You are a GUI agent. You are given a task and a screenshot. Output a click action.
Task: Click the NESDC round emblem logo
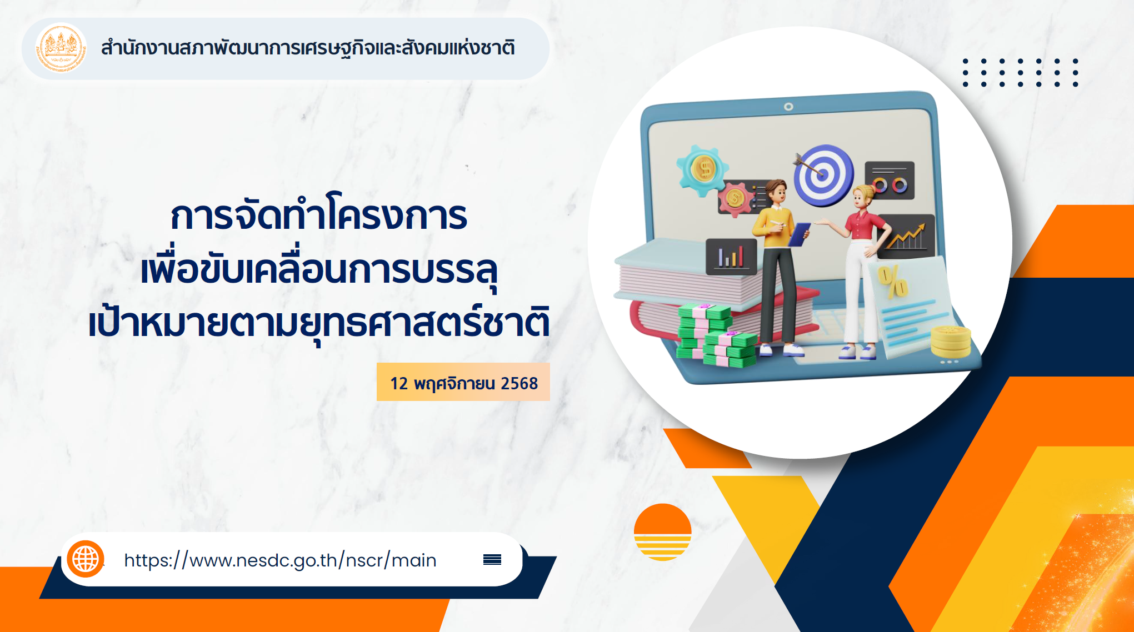61,49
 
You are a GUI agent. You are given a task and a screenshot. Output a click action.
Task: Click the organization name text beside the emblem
308,48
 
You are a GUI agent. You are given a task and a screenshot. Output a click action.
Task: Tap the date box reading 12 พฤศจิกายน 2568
463,382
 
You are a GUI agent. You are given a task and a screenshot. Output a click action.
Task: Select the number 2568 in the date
519,383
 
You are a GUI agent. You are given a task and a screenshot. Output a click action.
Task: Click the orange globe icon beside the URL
86,559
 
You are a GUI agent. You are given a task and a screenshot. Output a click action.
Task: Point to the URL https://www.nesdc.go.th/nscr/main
280,560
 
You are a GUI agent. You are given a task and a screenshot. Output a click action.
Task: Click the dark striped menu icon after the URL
492,559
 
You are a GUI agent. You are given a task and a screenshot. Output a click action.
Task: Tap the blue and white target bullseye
823,175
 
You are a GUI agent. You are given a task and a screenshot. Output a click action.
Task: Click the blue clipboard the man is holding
800,233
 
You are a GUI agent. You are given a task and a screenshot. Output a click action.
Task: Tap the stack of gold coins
951,341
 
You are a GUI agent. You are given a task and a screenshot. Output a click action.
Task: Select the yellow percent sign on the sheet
892,282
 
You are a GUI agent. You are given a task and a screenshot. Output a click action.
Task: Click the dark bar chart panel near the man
731,257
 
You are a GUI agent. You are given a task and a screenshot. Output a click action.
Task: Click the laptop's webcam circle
788,107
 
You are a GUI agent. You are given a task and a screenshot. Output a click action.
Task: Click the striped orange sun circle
662,532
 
